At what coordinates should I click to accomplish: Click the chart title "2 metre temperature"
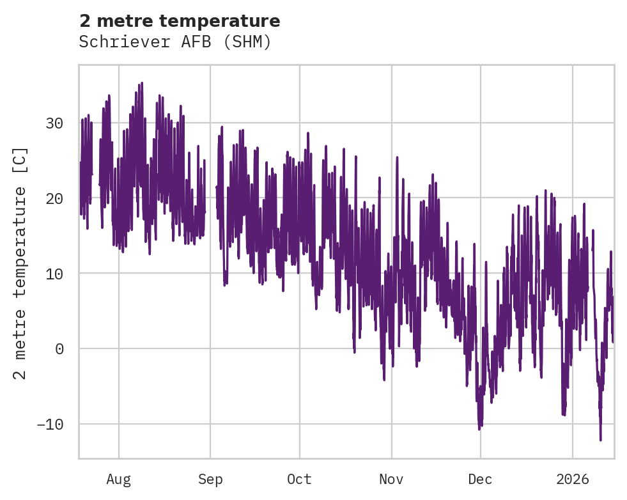(180, 21)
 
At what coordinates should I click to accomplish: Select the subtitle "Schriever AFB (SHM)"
(175, 42)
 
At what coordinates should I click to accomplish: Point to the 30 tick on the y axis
(55, 123)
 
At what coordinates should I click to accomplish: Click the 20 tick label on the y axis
(55, 198)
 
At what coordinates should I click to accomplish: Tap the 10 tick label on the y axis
(55, 274)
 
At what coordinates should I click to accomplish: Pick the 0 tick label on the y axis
(59, 349)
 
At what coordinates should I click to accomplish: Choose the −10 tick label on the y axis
(50, 425)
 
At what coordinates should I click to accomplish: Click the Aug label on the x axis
(118, 480)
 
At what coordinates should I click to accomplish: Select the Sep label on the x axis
(210, 480)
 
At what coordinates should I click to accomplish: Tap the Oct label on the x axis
(299, 480)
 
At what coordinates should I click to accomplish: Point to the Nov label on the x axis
(391, 480)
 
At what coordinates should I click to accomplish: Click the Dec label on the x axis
(480, 480)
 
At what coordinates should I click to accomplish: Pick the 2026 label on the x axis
(572, 480)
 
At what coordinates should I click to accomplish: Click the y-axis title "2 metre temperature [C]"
(20, 262)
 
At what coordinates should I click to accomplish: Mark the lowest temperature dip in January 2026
(600, 439)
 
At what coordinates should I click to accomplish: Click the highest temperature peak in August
(141, 83)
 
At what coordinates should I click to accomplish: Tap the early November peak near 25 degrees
(397, 157)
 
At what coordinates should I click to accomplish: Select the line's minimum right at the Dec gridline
(479, 428)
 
